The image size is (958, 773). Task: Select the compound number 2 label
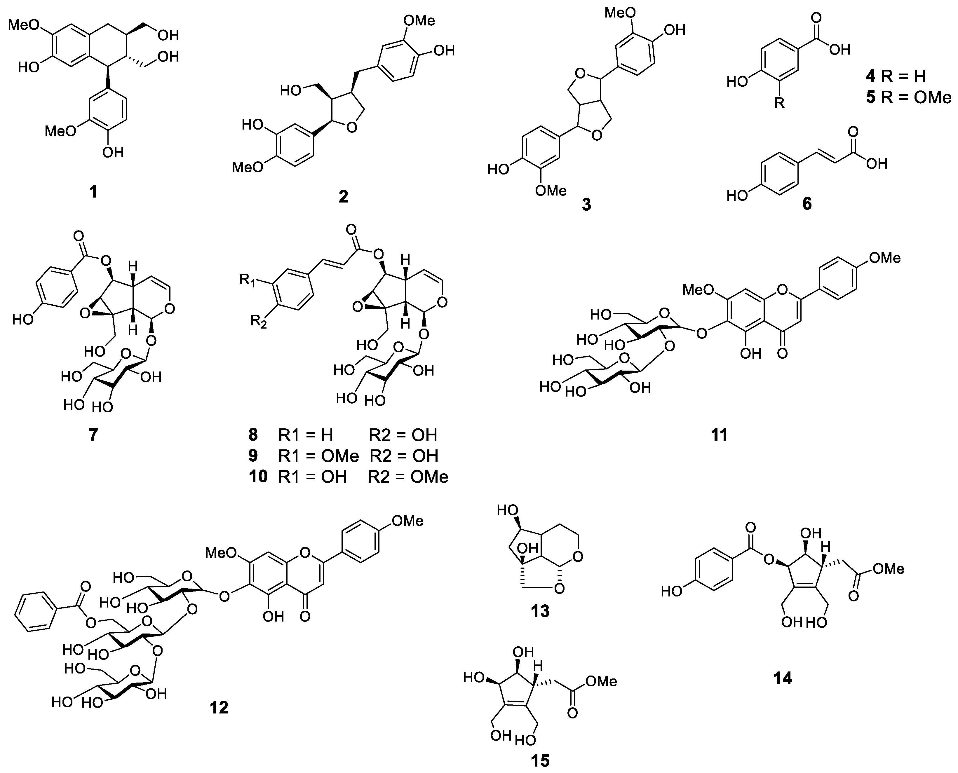coord(343,196)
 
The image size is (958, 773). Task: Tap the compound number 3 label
coord(586,204)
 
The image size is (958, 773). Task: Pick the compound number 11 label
coord(719,434)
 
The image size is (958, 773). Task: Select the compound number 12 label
coord(219,707)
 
